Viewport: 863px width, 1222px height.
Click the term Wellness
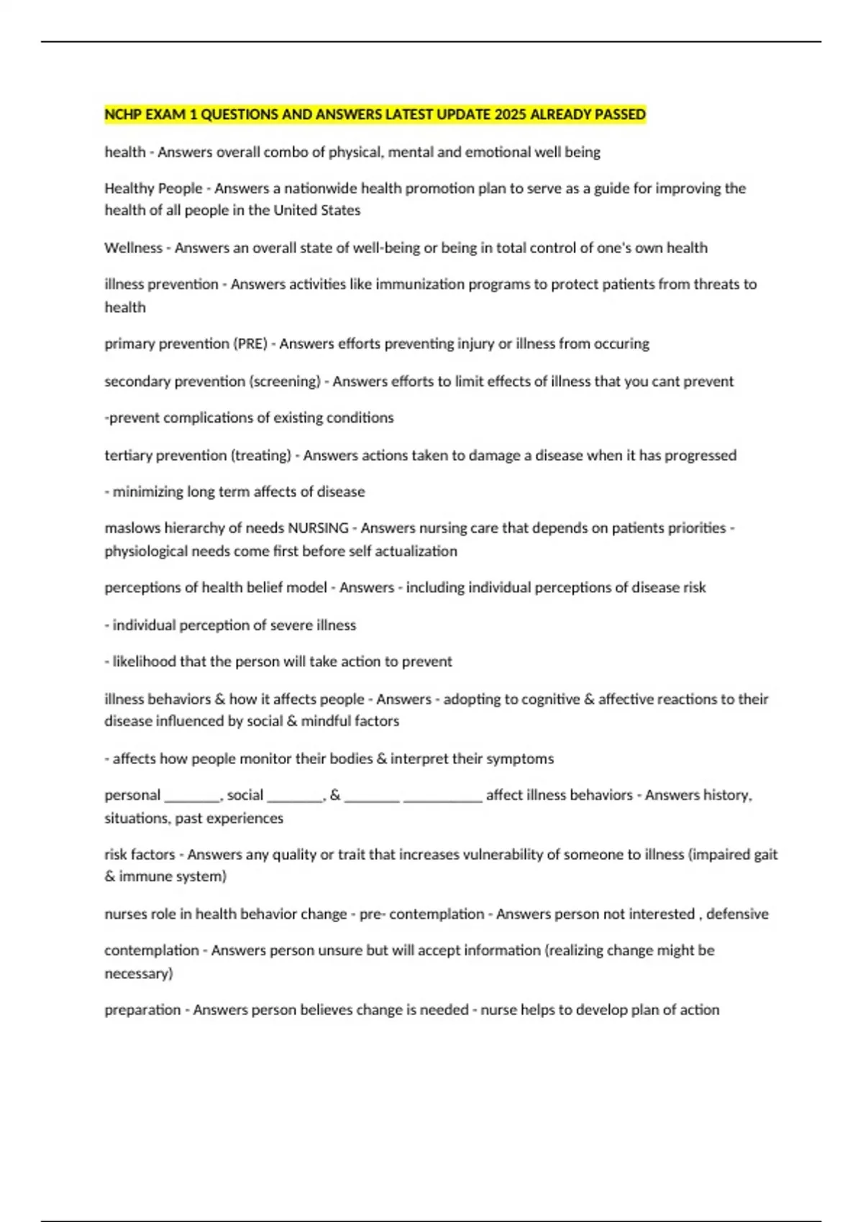[x=133, y=248]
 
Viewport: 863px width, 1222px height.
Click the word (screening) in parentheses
[x=285, y=381]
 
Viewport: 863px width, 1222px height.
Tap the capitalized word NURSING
[x=318, y=528]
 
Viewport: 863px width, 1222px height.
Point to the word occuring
[x=622, y=344]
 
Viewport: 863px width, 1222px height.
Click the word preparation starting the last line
[x=142, y=1010]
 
